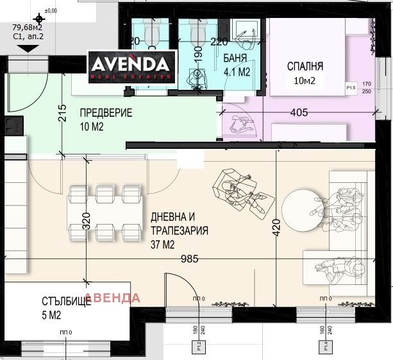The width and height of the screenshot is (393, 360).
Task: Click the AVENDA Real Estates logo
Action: (131, 66)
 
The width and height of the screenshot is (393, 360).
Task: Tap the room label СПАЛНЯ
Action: (305, 66)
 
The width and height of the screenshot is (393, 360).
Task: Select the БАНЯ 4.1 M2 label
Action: (235, 66)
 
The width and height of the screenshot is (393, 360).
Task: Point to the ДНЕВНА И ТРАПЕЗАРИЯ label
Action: (178, 230)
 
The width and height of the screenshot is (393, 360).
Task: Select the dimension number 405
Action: (299, 113)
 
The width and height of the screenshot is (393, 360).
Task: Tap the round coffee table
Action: (302, 208)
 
